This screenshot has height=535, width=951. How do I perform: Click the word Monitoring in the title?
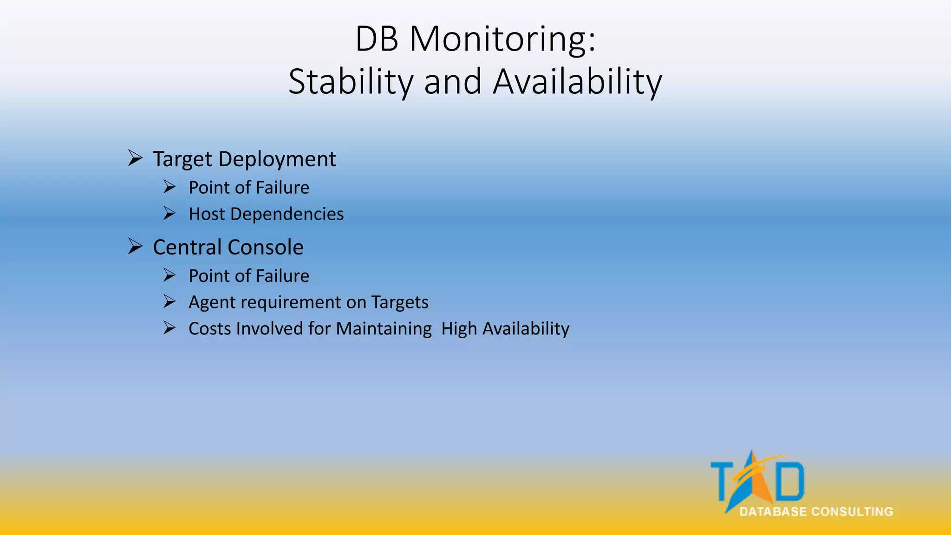pos(502,39)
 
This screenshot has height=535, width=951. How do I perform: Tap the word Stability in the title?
pos(351,82)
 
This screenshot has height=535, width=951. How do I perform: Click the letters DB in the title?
pos(377,39)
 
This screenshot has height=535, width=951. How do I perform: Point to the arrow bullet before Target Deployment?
pos(135,158)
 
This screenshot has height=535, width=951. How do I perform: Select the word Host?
pos(207,214)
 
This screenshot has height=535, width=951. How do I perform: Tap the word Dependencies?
pos(287,214)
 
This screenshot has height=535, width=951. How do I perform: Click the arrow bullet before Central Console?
pos(135,246)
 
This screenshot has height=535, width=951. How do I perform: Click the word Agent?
pos(213,302)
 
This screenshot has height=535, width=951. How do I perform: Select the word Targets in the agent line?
pos(400,302)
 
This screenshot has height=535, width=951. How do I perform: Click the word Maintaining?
pos(384,329)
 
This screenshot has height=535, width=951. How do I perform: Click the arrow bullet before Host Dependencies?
pos(169,214)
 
